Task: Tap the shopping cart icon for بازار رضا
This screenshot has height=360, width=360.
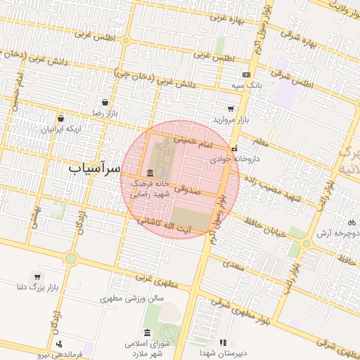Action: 105,102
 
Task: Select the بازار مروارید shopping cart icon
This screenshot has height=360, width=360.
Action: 231,109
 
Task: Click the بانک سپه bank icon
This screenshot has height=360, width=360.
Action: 246,75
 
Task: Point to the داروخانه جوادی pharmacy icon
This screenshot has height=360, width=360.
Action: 234,148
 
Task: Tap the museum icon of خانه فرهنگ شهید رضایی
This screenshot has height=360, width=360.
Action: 150,173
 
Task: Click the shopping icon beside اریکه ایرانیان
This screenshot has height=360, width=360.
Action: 61,119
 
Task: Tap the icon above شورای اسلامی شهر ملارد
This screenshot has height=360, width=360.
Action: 147,333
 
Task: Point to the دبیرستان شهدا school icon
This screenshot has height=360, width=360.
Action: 223,342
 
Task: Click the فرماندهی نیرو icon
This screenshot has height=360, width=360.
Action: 59,344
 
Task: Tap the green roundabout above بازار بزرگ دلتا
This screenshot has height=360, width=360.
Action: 70,258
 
